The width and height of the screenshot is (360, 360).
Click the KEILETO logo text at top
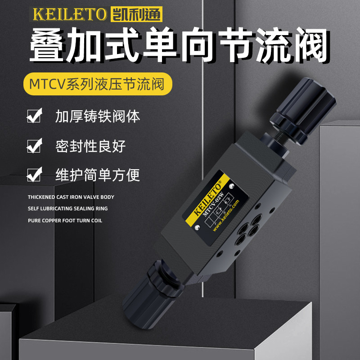click(x=70, y=14)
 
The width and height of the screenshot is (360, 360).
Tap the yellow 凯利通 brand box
click(x=136, y=14)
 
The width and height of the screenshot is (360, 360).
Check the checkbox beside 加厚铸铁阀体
click(x=34, y=116)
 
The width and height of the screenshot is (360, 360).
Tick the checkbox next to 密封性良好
click(x=34, y=145)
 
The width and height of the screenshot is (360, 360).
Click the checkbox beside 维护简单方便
click(x=34, y=175)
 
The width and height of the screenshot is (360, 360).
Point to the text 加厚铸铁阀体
click(x=98, y=116)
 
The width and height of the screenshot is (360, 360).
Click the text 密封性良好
click(x=90, y=146)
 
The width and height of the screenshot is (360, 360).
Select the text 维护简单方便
click(x=98, y=175)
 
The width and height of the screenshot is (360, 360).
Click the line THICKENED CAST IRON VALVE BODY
click(x=71, y=197)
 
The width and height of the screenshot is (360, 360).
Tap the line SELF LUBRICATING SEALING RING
click(x=68, y=209)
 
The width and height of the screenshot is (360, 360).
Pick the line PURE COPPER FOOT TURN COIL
click(x=65, y=220)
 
